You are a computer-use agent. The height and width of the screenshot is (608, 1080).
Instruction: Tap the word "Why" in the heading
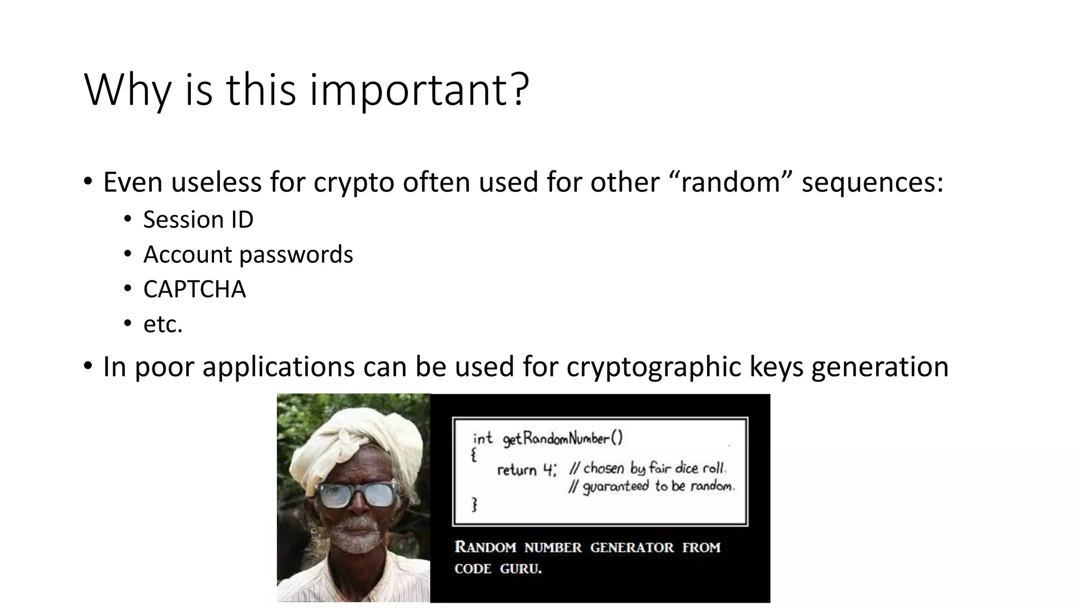pos(127,91)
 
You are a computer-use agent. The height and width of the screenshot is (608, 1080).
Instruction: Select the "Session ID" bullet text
pos(198,220)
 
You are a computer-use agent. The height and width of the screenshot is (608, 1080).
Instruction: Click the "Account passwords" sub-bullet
pos(248,254)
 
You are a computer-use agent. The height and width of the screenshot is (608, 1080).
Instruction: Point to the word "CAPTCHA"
pos(195,289)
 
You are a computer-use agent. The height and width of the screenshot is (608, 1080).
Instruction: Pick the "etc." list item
pos(163,324)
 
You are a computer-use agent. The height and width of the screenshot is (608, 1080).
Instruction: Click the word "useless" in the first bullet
pos(216,182)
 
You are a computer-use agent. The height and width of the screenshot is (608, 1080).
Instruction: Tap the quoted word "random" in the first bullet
pos(730,182)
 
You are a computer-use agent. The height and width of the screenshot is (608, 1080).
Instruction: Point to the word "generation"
pos(880,367)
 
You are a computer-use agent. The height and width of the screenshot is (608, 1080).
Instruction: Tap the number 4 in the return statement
pos(548,469)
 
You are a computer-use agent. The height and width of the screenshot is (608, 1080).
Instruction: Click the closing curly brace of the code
pos(474,505)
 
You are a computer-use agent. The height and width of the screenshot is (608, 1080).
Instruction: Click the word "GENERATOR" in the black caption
pos(632,547)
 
